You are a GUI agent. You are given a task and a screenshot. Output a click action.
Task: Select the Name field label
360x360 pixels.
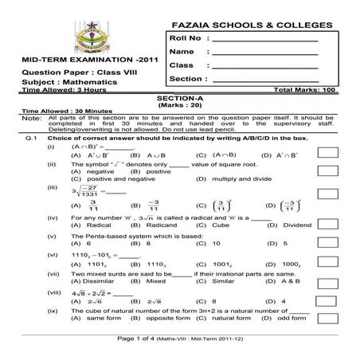tap(181, 51)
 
